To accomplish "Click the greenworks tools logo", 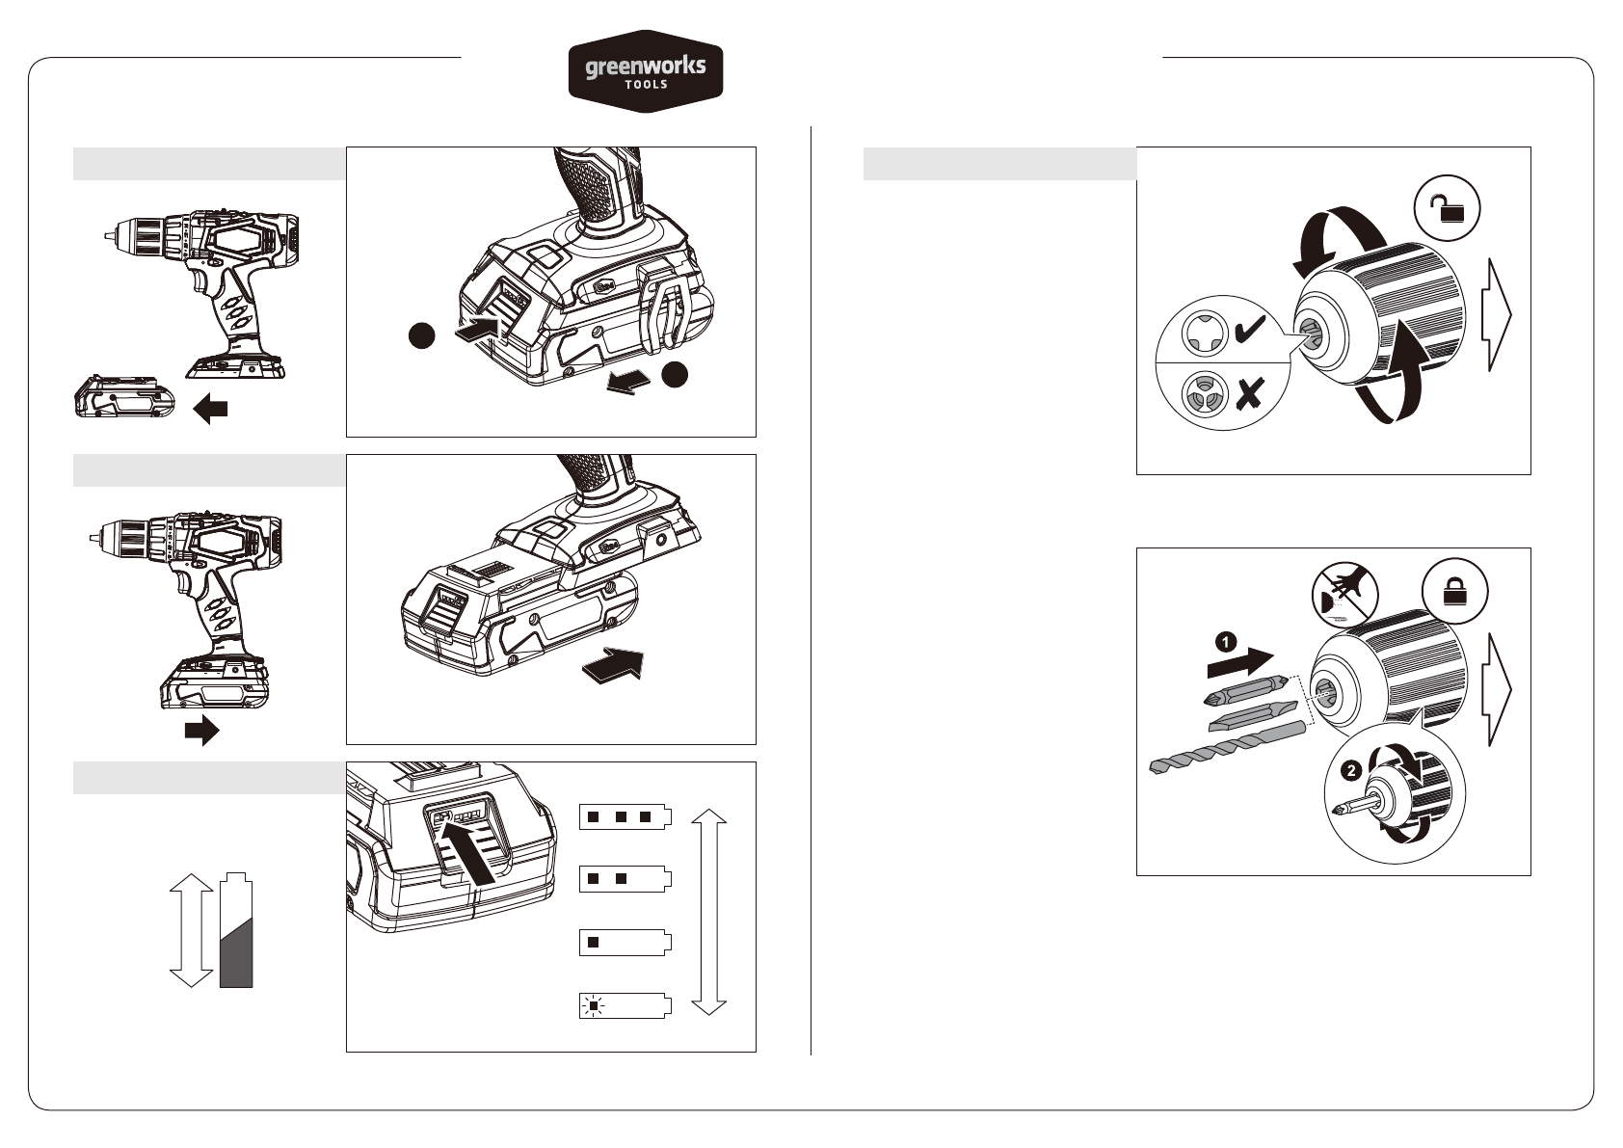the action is click(646, 71).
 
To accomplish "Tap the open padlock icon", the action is click(1447, 209).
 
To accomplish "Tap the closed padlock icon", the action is click(1455, 591).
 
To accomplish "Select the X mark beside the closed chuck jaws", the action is click(1250, 393).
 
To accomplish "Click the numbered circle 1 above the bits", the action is click(1225, 642).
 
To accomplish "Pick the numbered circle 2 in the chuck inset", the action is click(1350, 770).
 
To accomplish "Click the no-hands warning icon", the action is click(1344, 595).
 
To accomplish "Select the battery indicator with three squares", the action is click(625, 816).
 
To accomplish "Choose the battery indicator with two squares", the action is click(625, 879).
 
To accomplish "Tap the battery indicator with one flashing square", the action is click(625, 1006).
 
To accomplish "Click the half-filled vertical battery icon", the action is click(236, 930).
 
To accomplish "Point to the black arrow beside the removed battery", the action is click(211, 409).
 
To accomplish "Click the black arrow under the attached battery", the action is click(202, 731).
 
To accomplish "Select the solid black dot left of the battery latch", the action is click(422, 335).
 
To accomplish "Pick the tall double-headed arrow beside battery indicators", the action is click(708, 911).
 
